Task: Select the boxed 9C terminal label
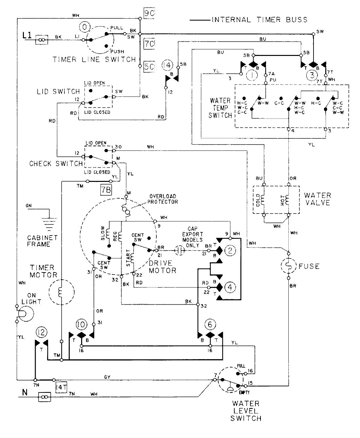coord(149,14)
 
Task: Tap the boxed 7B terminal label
coord(104,189)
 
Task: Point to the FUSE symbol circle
coord(288,266)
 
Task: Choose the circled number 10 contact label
coord(81,324)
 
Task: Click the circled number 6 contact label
coord(210,324)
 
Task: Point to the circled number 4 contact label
coord(231,287)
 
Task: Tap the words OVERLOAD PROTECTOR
coord(162,200)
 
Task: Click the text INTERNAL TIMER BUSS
coord(260,20)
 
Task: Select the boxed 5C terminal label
coord(149,67)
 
